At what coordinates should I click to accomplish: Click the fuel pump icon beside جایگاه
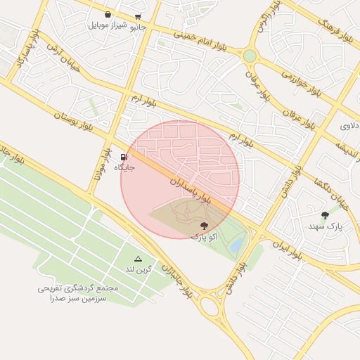click(124, 157)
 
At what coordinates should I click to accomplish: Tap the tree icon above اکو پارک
click(204, 226)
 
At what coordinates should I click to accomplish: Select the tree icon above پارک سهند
click(325, 216)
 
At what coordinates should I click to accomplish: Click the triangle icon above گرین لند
click(138, 259)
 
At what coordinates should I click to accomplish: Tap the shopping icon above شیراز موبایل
click(108, 14)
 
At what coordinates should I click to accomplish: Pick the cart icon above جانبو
click(138, 17)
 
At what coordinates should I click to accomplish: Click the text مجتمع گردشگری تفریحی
click(79, 288)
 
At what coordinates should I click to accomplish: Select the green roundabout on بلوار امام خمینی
click(250, 55)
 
